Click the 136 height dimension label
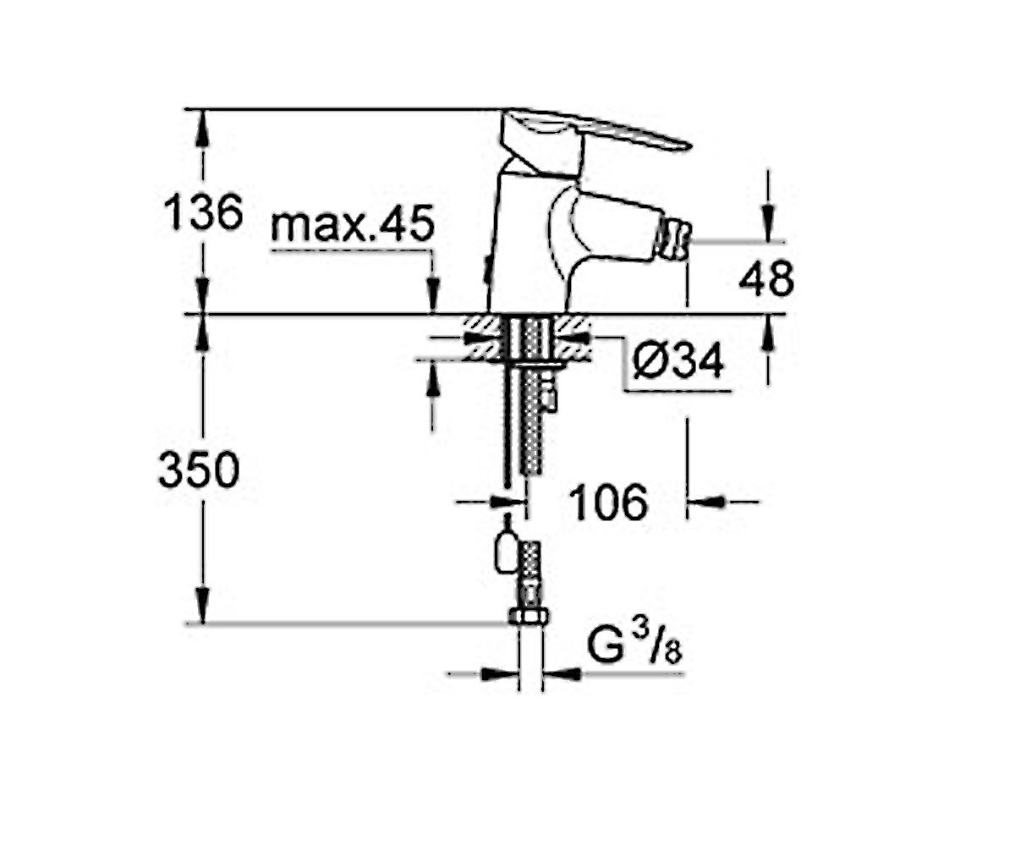pos(203,212)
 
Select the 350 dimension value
pos(200,470)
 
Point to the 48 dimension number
pos(766,278)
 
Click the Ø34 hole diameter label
pos(678,360)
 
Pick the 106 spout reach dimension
pos(609,502)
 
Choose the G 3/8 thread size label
pos(634,645)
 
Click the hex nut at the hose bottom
pos(528,617)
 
